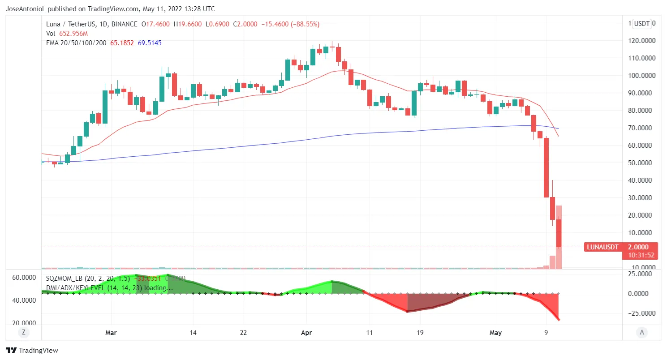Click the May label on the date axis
click(x=496, y=333)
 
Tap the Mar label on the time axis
click(x=110, y=333)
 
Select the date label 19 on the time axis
click(x=420, y=333)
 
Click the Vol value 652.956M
click(x=73, y=34)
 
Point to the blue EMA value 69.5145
click(x=150, y=43)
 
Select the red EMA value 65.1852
click(x=122, y=43)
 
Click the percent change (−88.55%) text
click(x=304, y=24)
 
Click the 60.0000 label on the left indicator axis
click(x=23, y=278)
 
